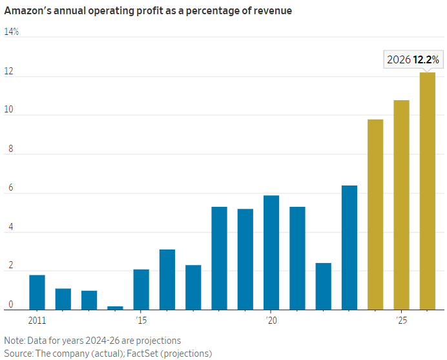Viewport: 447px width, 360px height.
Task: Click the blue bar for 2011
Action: [37, 293]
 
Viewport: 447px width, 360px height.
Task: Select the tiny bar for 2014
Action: [115, 308]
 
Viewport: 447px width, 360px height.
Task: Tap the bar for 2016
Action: [167, 280]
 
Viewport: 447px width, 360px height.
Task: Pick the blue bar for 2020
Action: [271, 253]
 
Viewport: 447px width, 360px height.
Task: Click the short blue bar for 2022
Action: [323, 286]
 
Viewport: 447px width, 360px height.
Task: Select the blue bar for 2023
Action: [349, 248]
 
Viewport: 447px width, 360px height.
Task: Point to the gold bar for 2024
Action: [375, 215]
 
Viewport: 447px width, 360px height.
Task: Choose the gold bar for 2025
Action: [401, 205]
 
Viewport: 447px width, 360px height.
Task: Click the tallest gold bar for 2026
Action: [427, 191]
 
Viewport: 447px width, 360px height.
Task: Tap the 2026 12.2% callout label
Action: [413, 60]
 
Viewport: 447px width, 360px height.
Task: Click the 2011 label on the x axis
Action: [37, 320]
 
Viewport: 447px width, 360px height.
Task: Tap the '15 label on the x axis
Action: [141, 320]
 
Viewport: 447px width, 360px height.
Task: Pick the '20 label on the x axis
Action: [271, 320]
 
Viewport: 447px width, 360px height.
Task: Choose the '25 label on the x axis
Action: [401, 320]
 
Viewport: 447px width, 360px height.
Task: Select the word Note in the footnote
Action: [14, 340]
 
